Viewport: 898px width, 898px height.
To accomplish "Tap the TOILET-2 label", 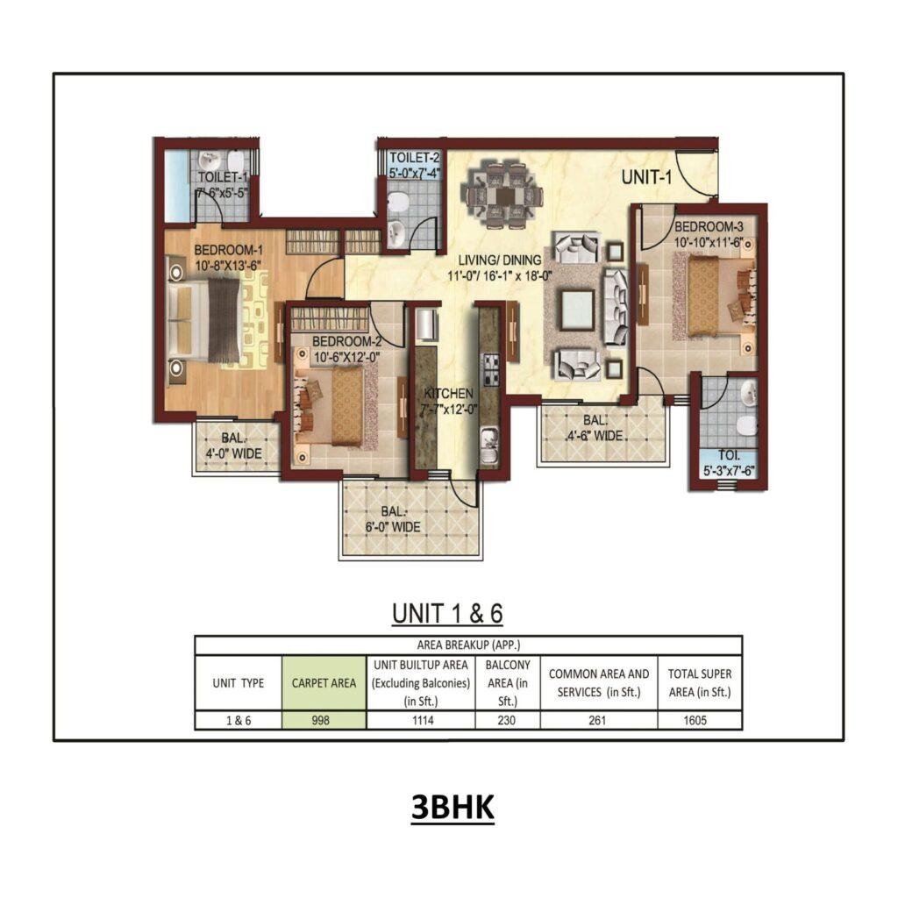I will [414, 158].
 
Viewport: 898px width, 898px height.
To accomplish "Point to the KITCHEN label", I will [448, 393].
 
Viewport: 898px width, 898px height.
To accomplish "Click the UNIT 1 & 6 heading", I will [447, 614].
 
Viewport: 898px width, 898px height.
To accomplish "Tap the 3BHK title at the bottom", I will [453, 809].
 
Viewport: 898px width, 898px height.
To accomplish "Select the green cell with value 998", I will [324, 721].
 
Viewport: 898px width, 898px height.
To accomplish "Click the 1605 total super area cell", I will [699, 721].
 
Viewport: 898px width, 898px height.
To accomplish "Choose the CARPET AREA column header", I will [324, 682].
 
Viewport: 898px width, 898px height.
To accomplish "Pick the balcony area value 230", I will [508, 721].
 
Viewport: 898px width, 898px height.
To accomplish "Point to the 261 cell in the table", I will [599, 721].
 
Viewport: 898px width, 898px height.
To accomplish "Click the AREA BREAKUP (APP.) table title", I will [468, 644].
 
